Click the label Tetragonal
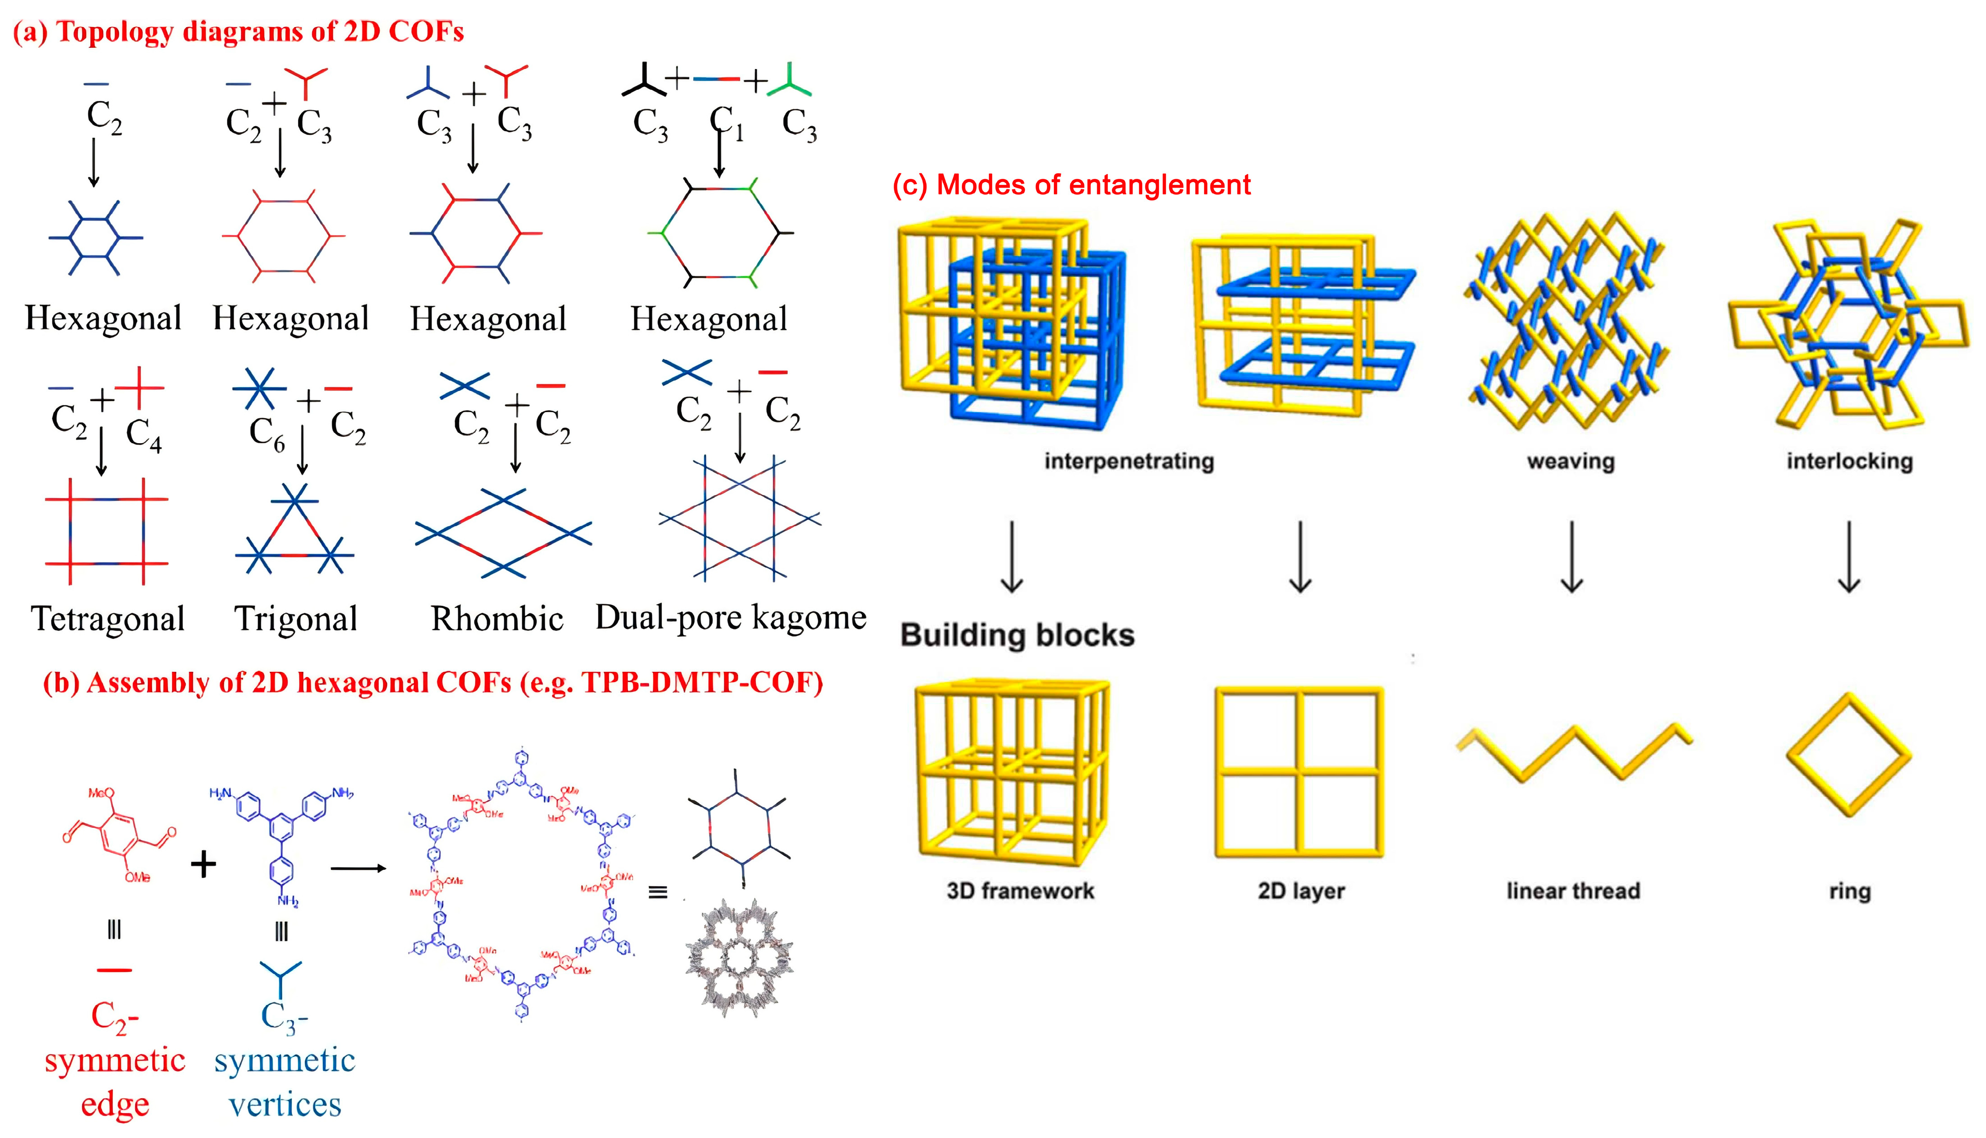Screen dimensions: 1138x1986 click(x=108, y=619)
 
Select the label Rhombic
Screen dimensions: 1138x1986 click(x=496, y=619)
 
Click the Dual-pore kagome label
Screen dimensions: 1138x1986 click(x=731, y=617)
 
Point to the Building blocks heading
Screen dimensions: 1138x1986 click(x=1017, y=635)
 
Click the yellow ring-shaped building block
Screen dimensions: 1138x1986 click(x=1848, y=754)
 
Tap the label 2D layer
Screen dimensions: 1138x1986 click(x=1301, y=891)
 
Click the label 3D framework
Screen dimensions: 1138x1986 click(x=1020, y=891)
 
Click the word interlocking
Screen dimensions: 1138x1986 click(x=1849, y=461)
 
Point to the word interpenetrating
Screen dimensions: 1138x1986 click(x=1129, y=461)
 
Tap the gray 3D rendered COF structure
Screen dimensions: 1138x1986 click(x=739, y=958)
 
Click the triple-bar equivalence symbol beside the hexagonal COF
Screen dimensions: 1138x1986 click(x=657, y=892)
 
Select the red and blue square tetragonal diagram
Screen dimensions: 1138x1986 click(x=106, y=532)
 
